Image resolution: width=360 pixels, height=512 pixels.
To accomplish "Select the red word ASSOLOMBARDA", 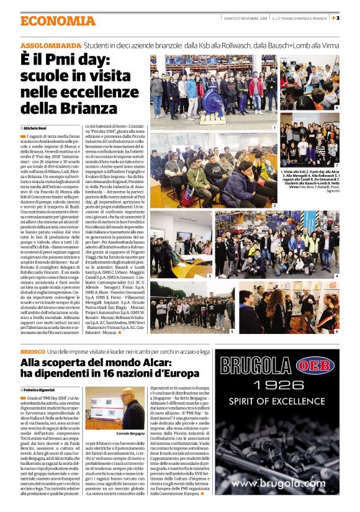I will (51, 47).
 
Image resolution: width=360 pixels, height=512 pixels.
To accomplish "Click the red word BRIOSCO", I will (32, 352).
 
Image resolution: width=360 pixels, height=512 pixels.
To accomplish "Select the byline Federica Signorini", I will (43, 389).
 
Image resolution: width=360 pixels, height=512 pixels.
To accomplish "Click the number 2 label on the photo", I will (274, 205).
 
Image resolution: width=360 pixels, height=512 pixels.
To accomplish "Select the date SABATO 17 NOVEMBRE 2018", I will (245, 19).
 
